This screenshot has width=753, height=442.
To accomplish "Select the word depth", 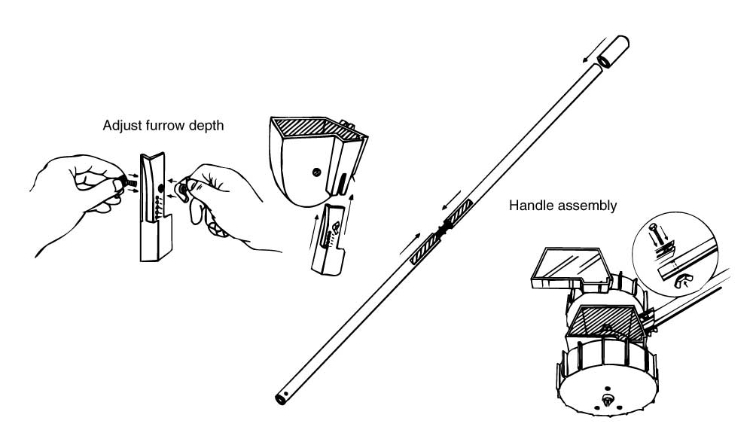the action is [x=206, y=127].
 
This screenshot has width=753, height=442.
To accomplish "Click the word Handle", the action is [x=529, y=206].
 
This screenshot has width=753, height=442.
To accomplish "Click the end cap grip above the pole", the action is [x=613, y=50].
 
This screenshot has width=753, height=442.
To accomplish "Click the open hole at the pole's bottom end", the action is [x=279, y=398].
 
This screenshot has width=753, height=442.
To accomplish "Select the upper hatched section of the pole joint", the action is [x=458, y=212].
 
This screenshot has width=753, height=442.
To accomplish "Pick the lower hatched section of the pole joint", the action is [x=425, y=249].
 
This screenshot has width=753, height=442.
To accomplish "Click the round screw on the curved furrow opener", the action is [x=316, y=172].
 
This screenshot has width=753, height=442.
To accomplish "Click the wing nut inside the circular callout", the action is [x=681, y=280].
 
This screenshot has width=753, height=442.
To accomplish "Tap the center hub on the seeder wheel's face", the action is [x=608, y=399].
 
